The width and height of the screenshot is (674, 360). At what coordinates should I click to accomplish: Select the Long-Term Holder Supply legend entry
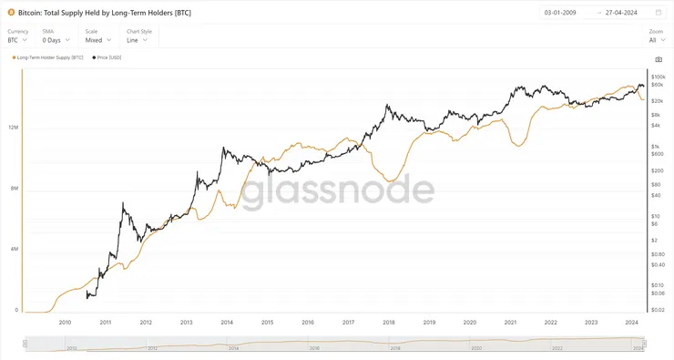point(47,57)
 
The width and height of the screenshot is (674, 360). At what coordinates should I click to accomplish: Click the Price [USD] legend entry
point(107,57)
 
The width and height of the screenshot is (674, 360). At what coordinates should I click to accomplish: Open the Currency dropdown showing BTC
point(18,40)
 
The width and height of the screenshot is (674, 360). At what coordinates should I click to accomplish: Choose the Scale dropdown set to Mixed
point(98,40)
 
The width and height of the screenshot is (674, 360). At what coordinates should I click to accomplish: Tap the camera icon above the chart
point(659,59)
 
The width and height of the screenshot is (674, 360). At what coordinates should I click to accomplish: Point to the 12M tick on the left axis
point(12,128)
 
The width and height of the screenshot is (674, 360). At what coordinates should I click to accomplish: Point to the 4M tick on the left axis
point(12,250)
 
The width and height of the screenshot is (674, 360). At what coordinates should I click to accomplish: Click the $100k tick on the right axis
point(658,77)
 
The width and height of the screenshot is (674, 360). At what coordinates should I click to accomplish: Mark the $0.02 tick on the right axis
point(658,311)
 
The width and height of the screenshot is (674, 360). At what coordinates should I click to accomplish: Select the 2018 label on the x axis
point(389,323)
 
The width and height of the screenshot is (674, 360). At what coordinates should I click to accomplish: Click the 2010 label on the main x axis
point(65,323)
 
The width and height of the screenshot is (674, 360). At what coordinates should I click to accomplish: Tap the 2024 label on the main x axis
point(631,323)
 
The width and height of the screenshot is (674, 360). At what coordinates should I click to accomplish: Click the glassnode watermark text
point(337,190)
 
